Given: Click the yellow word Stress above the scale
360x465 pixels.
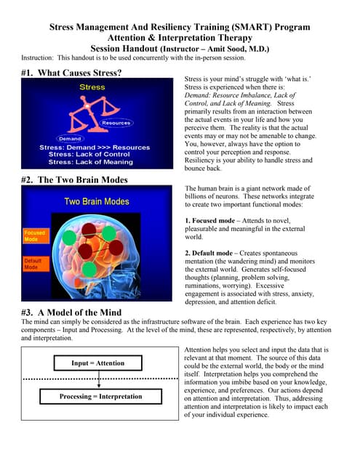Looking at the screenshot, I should [x=92, y=87].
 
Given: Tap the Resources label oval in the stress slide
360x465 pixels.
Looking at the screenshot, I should [x=116, y=123].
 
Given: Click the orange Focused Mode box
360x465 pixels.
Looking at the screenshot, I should [x=34, y=236].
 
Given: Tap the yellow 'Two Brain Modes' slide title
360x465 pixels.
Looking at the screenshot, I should [x=97, y=201].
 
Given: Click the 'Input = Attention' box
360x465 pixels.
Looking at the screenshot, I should [x=98, y=363].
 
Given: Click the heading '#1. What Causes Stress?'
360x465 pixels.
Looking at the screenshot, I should [x=71, y=73].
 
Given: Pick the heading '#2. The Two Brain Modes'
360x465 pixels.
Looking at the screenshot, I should [x=75, y=179].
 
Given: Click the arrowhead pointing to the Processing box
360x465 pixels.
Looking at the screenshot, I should [x=98, y=385].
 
